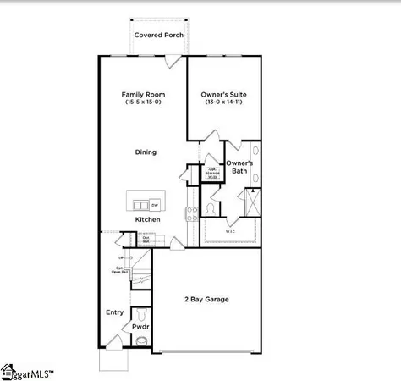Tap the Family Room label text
coord(143,94)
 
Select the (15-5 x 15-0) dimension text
coord(143,102)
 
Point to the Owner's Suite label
coord(223,94)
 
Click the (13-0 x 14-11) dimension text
coord(223,102)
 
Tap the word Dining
coord(146,152)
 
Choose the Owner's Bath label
coord(239,167)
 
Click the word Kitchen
coord(147,220)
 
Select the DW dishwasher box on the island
coord(156,204)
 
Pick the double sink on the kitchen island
coord(138,204)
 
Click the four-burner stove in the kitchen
coord(190,212)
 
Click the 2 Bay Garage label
coord(206,299)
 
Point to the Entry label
coord(114,312)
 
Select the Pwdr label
coord(140,326)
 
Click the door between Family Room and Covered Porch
coord(173,58)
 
